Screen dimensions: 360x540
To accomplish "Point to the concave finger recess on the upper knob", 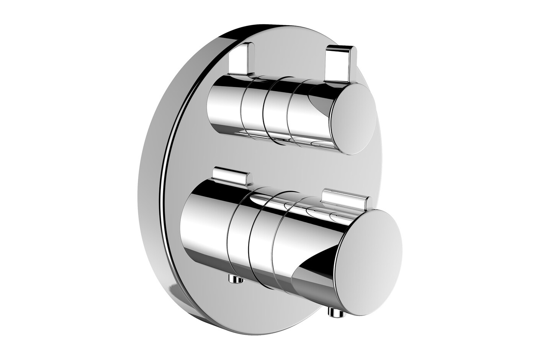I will pyautogui.click(x=320, y=103).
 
